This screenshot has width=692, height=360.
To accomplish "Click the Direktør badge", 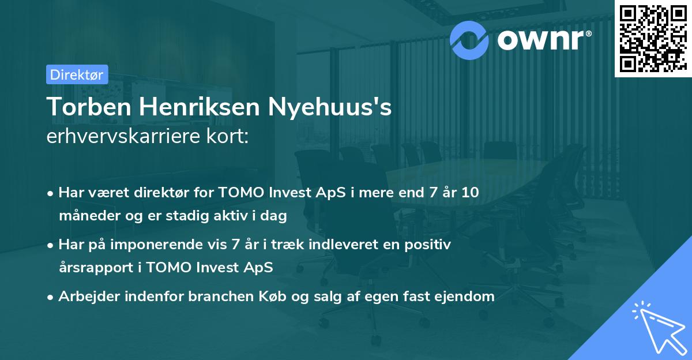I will pyautogui.click(x=77, y=74).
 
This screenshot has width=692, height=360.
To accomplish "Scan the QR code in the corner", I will pyautogui.click(x=653, y=38).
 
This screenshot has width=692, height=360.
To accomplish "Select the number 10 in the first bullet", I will pyautogui.click(x=471, y=193).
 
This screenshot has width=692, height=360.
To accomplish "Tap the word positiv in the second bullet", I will pyautogui.click(x=430, y=245).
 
